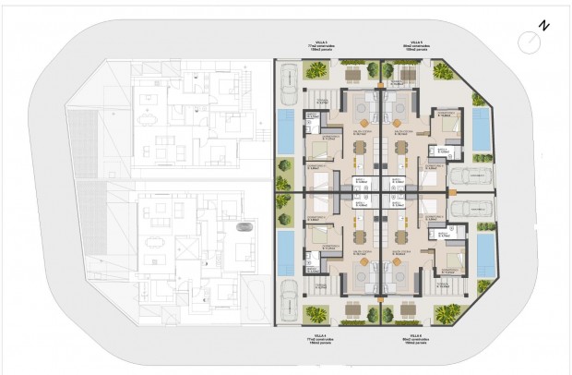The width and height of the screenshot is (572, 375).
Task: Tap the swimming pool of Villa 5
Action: pos(481,128)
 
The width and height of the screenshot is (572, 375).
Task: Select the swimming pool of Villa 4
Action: pos(286,250)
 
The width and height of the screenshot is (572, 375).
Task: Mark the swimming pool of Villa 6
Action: pos(481,250)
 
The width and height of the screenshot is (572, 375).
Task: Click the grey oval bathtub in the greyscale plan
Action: pos(244,227)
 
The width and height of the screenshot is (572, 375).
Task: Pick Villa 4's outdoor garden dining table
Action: pos(354,309)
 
